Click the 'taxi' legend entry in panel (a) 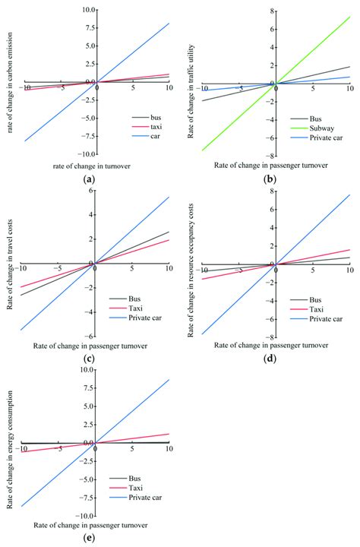[150, 130]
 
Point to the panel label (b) [270, 180]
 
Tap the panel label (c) [90, 359]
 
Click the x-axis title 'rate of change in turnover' [93, 166]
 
